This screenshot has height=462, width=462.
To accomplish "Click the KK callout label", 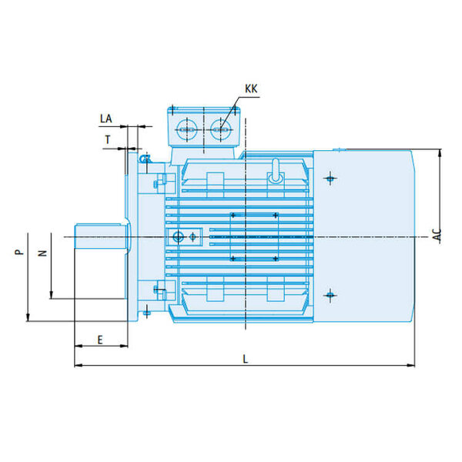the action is coord(251,89).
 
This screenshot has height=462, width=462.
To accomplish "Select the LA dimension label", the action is coord(105,119).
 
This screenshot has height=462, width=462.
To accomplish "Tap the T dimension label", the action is coord(108,139).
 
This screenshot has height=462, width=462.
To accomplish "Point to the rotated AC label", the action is coord(438,235).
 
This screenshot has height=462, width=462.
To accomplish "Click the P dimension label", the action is coord(18,252).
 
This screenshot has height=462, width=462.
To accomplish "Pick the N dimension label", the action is coord(43,253).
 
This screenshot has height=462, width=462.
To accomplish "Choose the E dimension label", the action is coord(100,340).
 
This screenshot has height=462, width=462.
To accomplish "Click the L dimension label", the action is coord(245,359).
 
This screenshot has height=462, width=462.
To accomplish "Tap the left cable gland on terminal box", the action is coord(187,129).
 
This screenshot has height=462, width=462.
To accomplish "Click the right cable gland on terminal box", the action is coord(221,129).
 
